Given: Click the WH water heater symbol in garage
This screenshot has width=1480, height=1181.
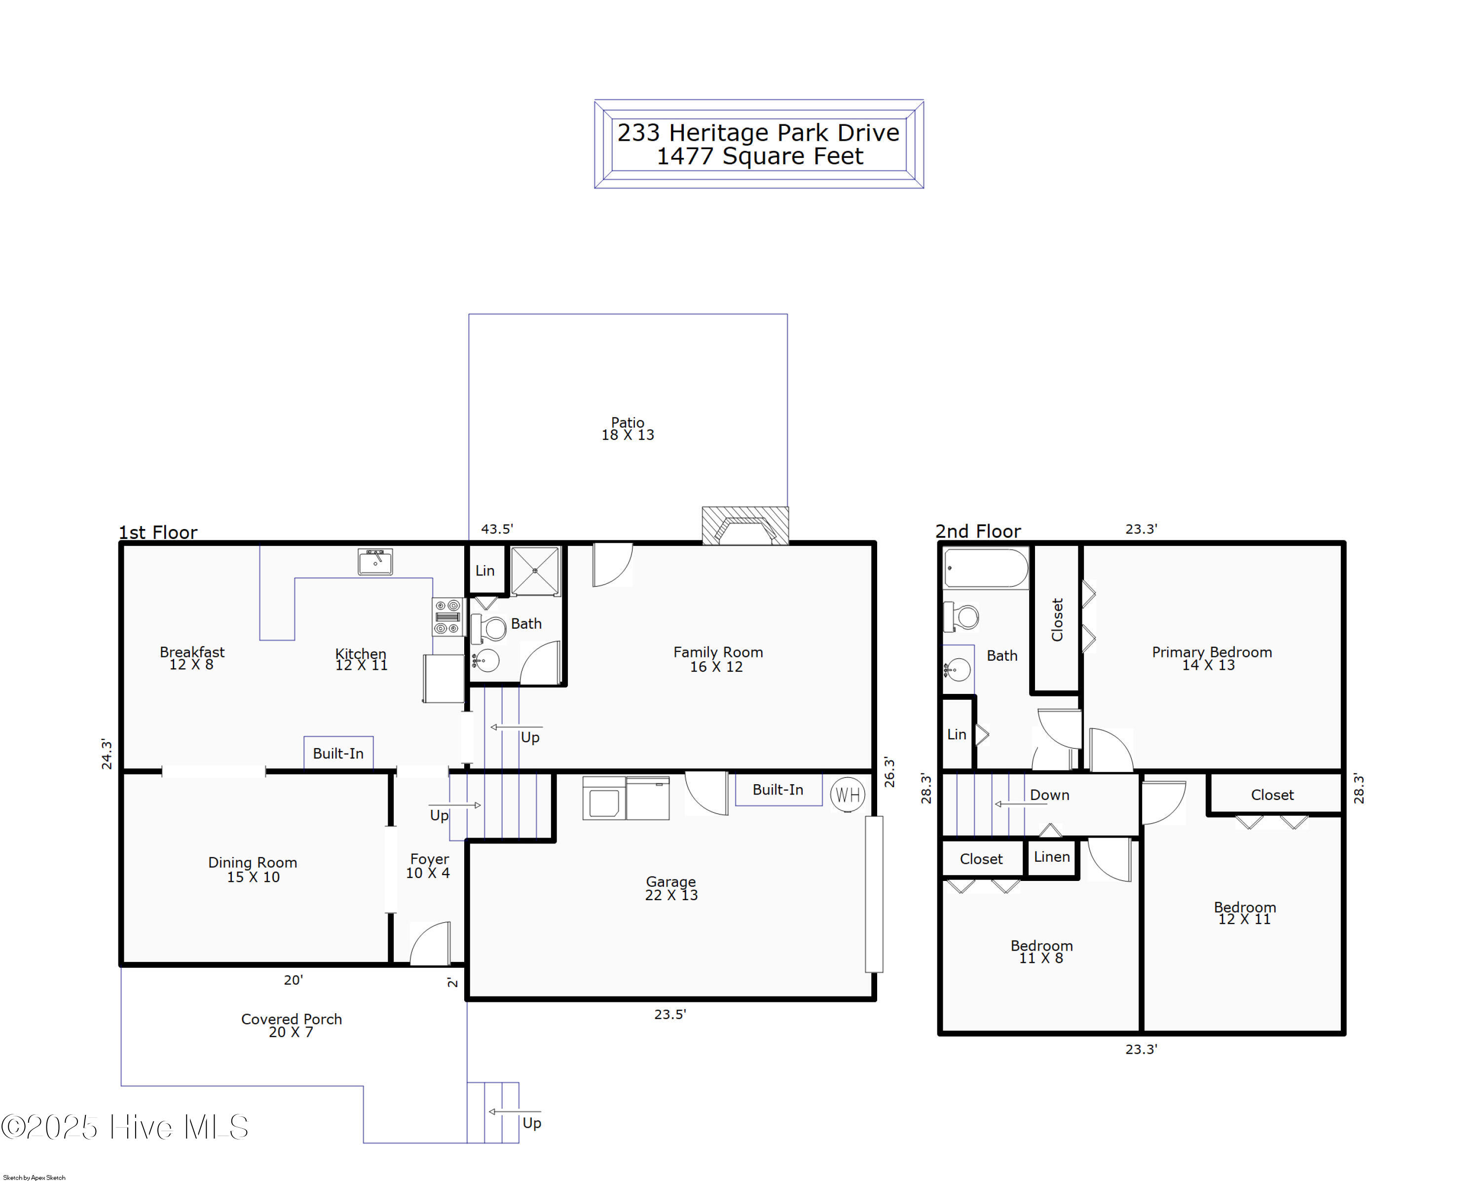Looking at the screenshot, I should pos(847,795).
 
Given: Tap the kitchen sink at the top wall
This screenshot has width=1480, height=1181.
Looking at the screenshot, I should pos(375,562).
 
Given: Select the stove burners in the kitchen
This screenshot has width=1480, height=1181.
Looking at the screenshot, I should pos(447,616).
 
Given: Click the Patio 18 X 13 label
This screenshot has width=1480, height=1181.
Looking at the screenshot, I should pos(628,428).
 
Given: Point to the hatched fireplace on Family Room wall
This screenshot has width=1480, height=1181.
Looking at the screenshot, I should pos(745,527).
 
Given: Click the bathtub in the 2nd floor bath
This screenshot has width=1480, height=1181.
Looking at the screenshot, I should pos(985,569).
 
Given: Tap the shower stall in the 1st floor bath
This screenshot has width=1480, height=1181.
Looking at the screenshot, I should pos(535,571).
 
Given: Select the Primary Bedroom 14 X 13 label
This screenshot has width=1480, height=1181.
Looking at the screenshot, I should pos(1211,658).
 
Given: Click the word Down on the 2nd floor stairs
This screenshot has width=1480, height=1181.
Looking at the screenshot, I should pos(1049,795).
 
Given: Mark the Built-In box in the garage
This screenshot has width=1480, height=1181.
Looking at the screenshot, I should pos(778,790).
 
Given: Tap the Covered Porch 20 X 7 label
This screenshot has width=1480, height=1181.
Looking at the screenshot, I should pos(291,1025).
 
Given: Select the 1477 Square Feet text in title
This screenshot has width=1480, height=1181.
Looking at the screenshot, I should pos(759,156).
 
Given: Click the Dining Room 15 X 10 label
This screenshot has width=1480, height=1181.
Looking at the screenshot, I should pos(253,869).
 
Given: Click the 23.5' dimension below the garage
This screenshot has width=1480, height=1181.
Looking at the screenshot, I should pos(670,1014).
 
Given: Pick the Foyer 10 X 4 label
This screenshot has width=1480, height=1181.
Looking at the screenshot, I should pos(428,866).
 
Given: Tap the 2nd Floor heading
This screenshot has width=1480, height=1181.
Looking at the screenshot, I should pos(977,532).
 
